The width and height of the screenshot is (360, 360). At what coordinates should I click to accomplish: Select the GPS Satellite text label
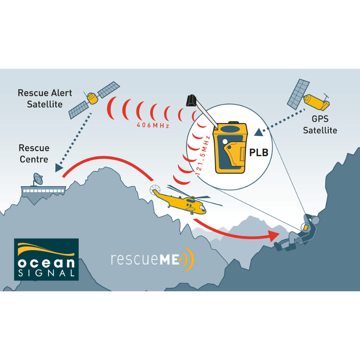(x=320, y=125)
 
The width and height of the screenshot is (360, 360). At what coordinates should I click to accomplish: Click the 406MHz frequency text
(x=153, y=126)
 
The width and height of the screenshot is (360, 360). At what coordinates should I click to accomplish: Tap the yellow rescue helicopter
(x=182, y=200)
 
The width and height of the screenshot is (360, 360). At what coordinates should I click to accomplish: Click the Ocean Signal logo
(x=46, y=259)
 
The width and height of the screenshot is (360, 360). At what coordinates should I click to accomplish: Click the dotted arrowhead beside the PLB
(x=258, y=133)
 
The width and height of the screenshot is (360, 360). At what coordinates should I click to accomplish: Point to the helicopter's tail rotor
(x=154, y=190)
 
